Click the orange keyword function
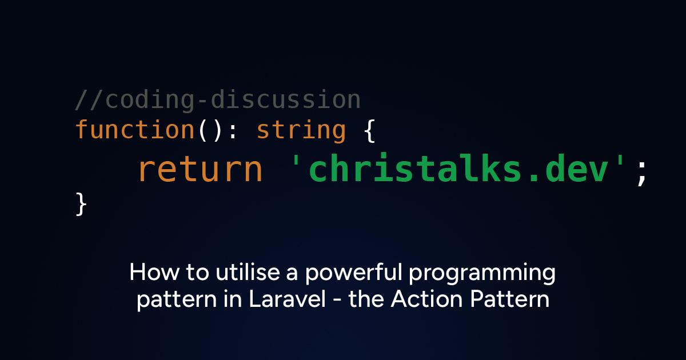135,129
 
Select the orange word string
301,131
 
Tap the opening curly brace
370,131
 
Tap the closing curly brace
81,204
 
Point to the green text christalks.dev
458,168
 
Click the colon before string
233,133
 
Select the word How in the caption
154,272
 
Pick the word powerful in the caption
353,273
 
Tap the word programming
482,274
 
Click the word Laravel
287,299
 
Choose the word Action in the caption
426,299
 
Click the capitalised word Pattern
509,299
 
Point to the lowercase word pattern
177,300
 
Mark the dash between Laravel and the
337,301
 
